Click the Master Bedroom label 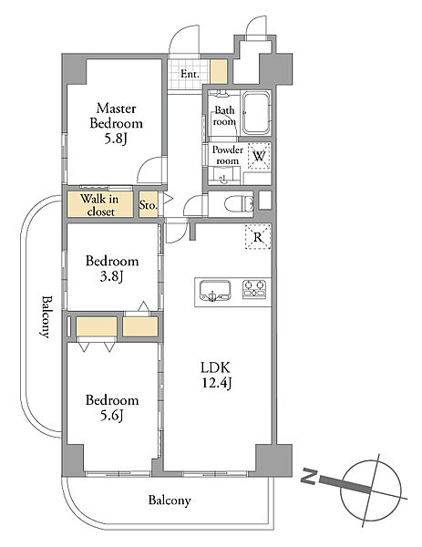(x=116, y=123)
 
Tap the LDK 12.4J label (x=216, y=375)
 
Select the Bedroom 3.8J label (x=112, y=268)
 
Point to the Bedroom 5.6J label (x=112, y=408)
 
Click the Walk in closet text (x=100, y=205)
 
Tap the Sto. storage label (x=149, y=205)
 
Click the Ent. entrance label (x=190, y=74)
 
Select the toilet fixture (x=239, y=203)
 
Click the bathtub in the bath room (x=256, y=113)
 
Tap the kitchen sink (x=215, y=291)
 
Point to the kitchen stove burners (x=254, y=289)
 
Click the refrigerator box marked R (x=258, y=237)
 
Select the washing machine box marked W (x=259, y=156)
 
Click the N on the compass (x=309, y=477)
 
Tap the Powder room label (x=227, y=155)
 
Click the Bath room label (x=224, y=116)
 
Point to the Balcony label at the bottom (x=170, y=501)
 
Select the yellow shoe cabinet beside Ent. (x=219, y=71)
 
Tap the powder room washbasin (x=223, y=177)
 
